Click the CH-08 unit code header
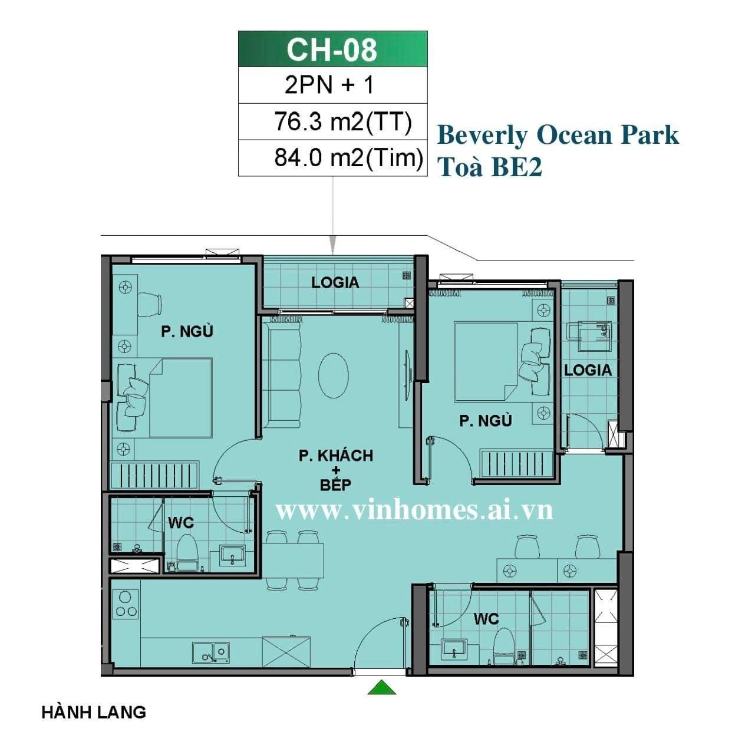(x=332, y=50)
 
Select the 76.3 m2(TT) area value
(x=343, y=122)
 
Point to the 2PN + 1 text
(x=329, y=85)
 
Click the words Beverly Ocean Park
(x=558, y=135)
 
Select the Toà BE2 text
(x=490, y=167)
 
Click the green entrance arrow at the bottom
(x=382, y=687)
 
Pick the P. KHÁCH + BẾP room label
(x=336, y=470)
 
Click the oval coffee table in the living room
(x=334, y=375)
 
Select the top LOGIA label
(x=335, y=283)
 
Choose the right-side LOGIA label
(x=588, y=370)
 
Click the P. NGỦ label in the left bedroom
(x=187, y=332)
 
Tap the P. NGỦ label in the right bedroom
(x=486, y=421)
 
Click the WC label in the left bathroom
(x=181, y=523)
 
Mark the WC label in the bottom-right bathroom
(x=486, y=619)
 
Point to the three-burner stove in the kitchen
(x=126, y=606)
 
